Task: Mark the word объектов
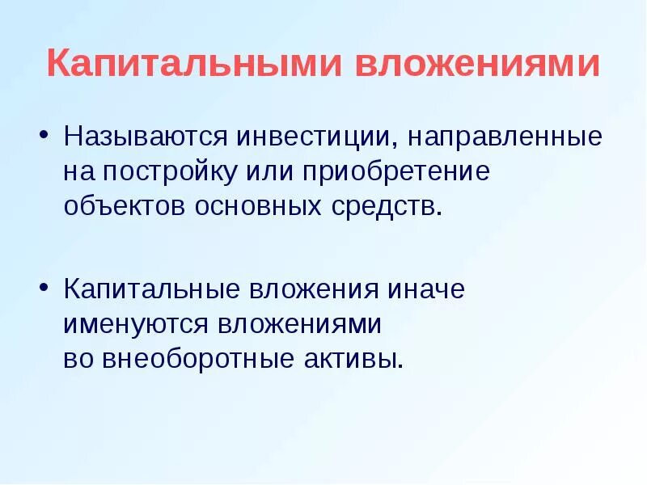(125, 207)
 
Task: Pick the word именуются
(137, 325)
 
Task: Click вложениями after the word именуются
(299, 325)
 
